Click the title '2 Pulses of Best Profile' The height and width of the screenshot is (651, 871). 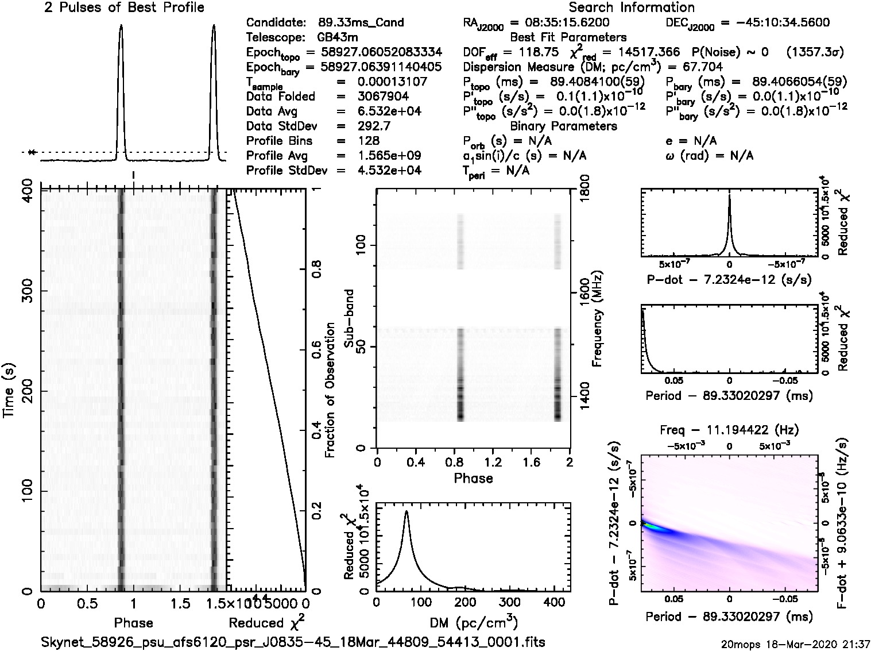124,7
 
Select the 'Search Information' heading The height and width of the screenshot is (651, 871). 632,7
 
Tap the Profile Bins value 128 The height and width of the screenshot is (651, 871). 368,141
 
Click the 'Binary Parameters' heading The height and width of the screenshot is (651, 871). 563,126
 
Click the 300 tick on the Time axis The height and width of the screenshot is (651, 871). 27,290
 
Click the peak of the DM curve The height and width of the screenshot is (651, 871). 407,511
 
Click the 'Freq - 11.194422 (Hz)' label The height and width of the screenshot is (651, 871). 729,430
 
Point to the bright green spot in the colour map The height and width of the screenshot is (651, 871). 648,525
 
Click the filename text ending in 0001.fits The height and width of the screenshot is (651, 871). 293,641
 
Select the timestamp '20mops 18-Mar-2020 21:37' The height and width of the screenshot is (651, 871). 797,644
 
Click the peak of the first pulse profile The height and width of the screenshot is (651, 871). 121,25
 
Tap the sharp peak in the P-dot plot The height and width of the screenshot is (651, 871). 729,195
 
